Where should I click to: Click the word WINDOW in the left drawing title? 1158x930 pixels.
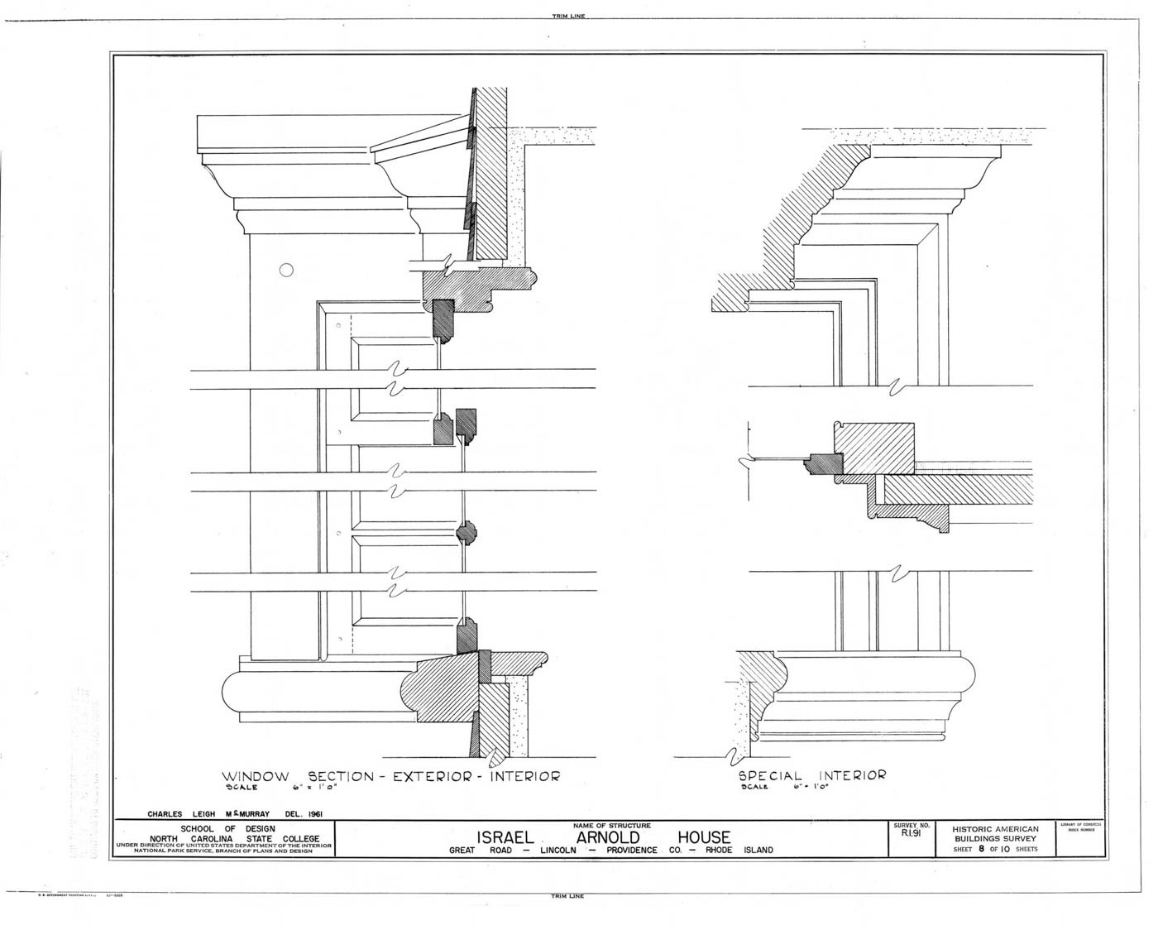255,777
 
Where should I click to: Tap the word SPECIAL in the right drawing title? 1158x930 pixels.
770,776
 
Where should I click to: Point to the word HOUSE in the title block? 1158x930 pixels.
704,837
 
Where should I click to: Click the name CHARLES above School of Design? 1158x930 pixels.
165,813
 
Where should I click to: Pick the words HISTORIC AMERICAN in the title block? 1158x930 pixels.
994,828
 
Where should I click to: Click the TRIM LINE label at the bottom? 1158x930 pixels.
567,896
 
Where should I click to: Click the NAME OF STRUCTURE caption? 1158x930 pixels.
611,825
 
